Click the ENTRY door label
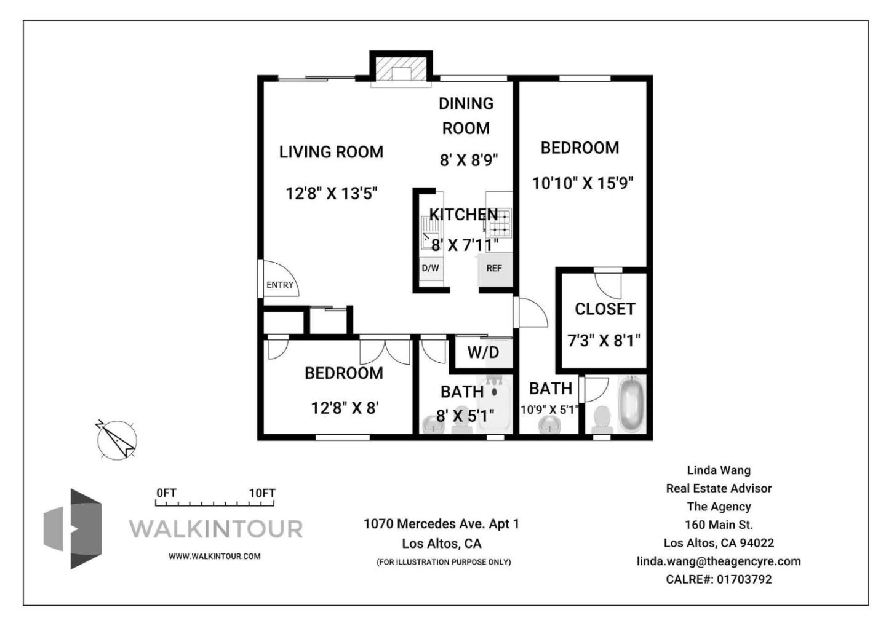coord(280,285)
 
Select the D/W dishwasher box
coord(430,268)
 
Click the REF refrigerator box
coord(494,268)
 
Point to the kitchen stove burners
coord(499,223)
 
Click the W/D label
coord(483,352)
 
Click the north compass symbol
coord(116,440)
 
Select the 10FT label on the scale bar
coord(262,493)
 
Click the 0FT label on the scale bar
coord(166,493)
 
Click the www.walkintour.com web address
coord(215,556)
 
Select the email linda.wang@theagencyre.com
coord(719,561)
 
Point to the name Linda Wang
coord(719,470)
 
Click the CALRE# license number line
coord(719,579)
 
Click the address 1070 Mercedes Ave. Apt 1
coord(441,524)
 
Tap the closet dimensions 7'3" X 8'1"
coord(604,340)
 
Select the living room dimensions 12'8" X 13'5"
coord(331,193)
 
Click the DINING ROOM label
coord(466,116)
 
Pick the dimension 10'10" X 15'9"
coord(583,183)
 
